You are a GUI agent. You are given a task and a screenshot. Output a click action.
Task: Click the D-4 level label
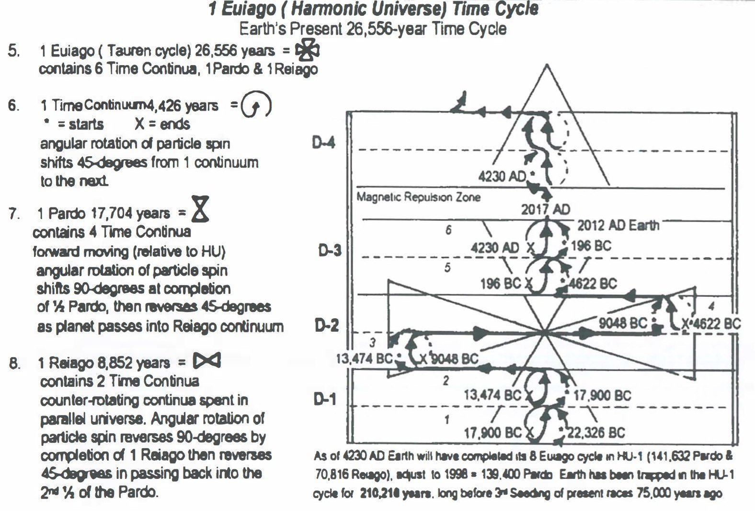click(x=324, y=142)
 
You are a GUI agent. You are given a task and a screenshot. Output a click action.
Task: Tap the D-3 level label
click(x=330, y=250)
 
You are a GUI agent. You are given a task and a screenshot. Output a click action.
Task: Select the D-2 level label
click(x=327, y=325)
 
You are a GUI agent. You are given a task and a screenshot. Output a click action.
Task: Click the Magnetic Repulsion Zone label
click(x=418, y=197)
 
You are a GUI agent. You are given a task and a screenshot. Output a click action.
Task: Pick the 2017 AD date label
click(x=546, y=209)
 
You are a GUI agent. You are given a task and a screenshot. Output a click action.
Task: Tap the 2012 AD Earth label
click(x=618, y=225)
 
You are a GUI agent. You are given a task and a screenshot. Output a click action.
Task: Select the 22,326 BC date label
click(x=595, y=433)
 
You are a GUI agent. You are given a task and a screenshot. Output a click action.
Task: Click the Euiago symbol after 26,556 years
click(x=307, y=50)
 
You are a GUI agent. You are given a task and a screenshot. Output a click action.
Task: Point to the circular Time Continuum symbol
click(x=256, y=105)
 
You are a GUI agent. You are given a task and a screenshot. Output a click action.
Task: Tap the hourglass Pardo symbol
click(x=200, y=209)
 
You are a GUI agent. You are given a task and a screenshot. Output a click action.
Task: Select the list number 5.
click(x=13, y=51)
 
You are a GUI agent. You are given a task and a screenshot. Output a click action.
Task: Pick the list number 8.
click(x=15, y=363)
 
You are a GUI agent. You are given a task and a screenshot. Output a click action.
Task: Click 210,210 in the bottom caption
click(x=382, y=493)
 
